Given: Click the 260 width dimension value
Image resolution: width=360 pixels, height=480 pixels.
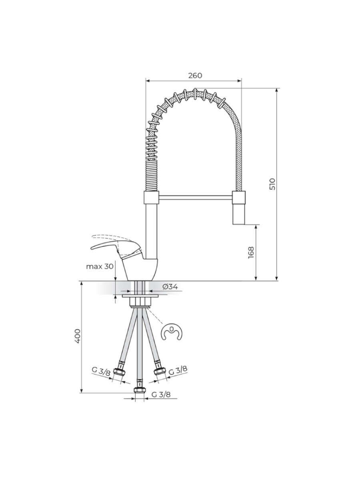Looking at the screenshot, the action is (x=195, y=76).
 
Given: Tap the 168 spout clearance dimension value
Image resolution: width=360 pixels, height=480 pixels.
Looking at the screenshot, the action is (x=251, y=253).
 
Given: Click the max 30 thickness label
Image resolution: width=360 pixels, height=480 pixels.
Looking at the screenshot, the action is (x=100, y=266).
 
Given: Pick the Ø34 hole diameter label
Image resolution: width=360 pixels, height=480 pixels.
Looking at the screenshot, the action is (x=170, y=286).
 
